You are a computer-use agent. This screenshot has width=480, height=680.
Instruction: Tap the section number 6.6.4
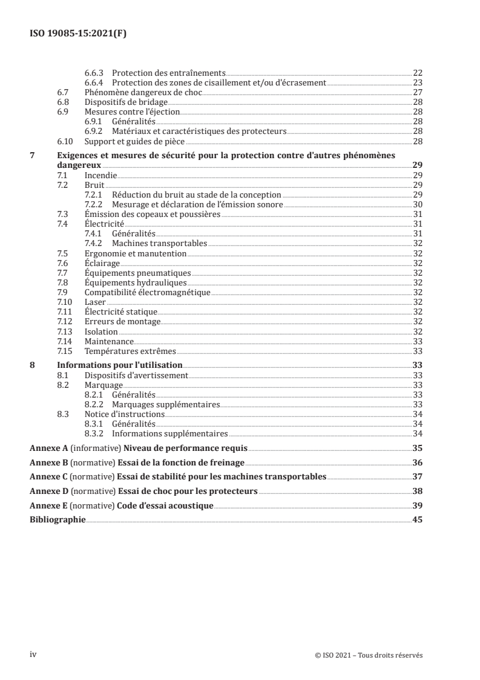pos(94,82)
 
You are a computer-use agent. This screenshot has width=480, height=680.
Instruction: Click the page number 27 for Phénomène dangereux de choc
pos(417,93)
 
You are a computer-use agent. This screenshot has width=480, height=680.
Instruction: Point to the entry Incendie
pos(100,175)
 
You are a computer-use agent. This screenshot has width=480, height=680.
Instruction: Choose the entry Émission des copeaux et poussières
pos(152,214)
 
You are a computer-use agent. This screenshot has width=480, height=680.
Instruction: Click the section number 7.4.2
pos(94,244)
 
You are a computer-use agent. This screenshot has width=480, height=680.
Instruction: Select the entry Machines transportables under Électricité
pos(159,244)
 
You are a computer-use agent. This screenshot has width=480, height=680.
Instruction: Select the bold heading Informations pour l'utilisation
pos(119,365)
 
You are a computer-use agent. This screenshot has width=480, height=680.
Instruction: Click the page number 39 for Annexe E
pos(417,505)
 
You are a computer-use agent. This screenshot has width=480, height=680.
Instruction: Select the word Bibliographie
pos(58,519)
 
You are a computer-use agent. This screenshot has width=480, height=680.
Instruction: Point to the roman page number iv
pos(34,655)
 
